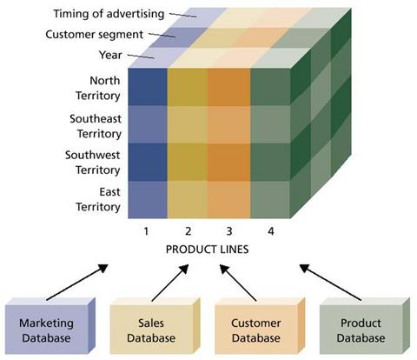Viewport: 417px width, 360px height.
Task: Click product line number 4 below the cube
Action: (x=271, y=231)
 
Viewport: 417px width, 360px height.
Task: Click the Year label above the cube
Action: (x=110, y=55)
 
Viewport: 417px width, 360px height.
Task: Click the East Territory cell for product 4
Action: (x=270, y=199)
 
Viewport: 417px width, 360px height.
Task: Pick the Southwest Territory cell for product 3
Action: (x=228, y=162)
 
